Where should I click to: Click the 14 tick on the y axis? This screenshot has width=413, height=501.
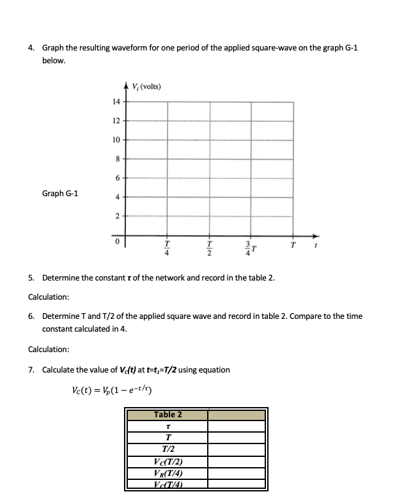click(x=116, y=102)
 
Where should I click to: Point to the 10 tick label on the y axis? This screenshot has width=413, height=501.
click(x=116, y=139)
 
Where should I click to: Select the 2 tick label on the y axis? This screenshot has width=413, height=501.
click(x=116, y=216)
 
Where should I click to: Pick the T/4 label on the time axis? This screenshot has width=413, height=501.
click(x=168, y=247)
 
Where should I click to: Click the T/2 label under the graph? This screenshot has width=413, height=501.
click(x=209, y=247)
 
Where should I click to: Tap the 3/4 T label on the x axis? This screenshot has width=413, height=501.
click(x=251, y=247)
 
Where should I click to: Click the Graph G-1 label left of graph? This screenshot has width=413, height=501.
click(x=60, y=193)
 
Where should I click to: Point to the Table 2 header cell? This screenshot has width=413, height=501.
click(x=168, y=415)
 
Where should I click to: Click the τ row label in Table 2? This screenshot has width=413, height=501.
click(x=168, y=426)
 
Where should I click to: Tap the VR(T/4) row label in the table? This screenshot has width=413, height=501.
click(x=168, y=474)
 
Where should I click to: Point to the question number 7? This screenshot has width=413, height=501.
click(x=31, y=370)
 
